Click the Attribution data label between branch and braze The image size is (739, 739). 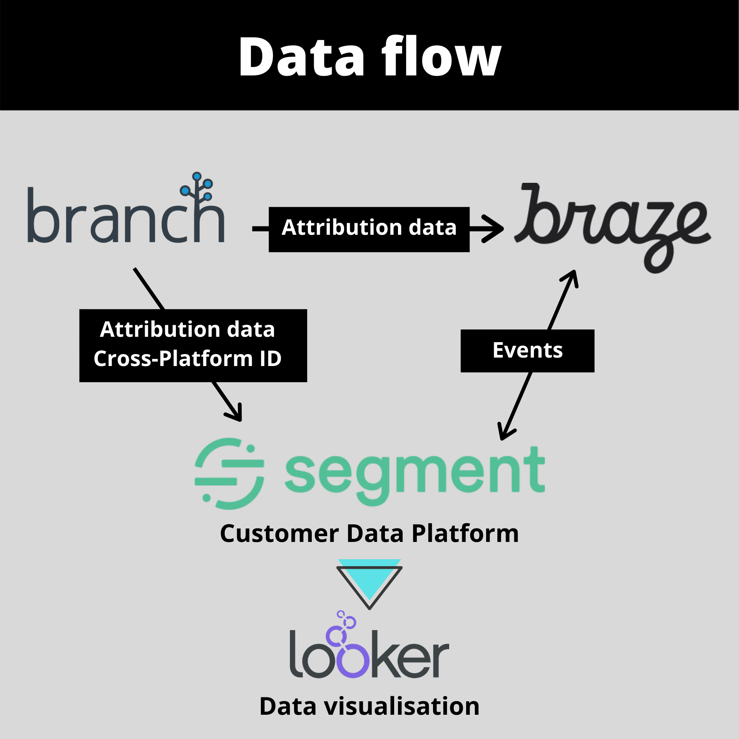click(x=369, y=228)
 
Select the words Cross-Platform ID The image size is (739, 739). click(x=187, y=359)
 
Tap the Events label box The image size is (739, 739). click(x=527, y=351)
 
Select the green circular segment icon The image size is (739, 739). click(x=229, y=473)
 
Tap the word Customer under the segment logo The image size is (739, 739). click(x=279, y=534)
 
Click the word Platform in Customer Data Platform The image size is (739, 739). click(x=465, y=534)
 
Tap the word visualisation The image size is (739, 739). click(x=402, y=707)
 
